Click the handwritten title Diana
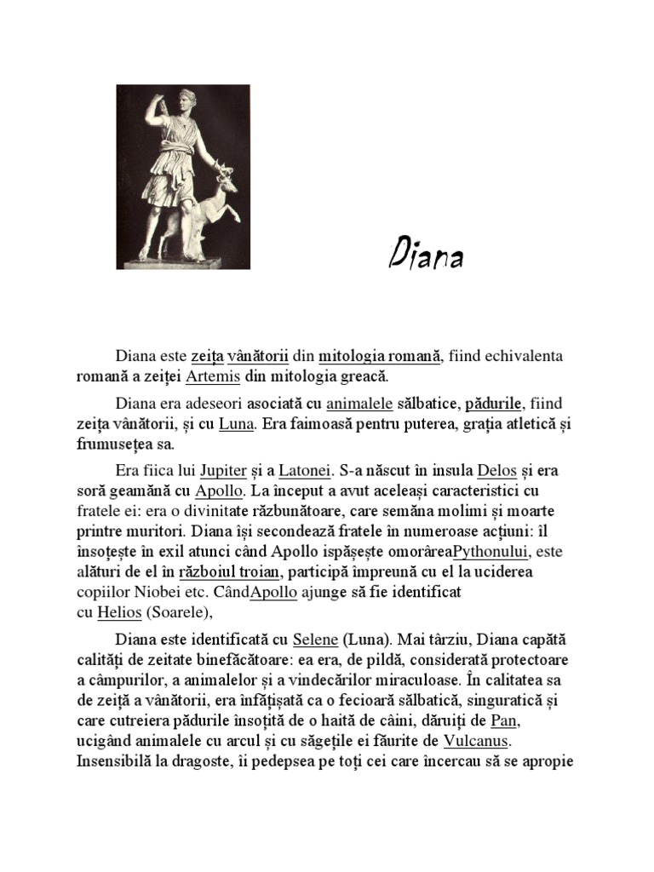pyautogui.click(x=426, y=255)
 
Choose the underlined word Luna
pyautogui.click(x=237, y=423)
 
